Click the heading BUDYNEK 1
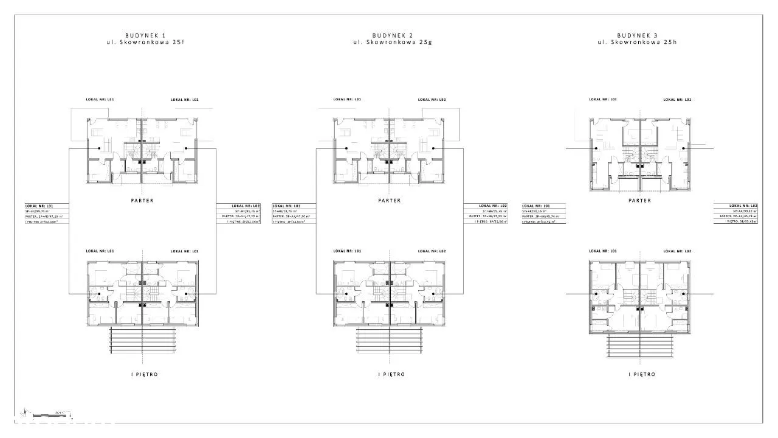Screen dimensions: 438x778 click(x=142, y=36)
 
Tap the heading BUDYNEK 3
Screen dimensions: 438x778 click(x=637, y=36)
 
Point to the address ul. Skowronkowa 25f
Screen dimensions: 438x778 click(x=142, y=43)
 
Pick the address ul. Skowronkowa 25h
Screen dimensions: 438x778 click(x=637, y=43)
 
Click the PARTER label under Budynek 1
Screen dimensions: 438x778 click(x=142, y=200)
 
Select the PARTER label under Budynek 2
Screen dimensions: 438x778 click(x=389, y=200)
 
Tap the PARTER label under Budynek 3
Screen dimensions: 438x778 click(x=639, y=200)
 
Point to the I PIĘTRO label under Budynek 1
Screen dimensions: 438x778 click(x=142, y=375)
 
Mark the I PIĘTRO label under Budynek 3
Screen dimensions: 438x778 click(x=642, y=375)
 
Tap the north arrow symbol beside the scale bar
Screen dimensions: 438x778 click(x=24, y=413)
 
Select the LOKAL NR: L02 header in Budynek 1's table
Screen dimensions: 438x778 click(x=244, y=206)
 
